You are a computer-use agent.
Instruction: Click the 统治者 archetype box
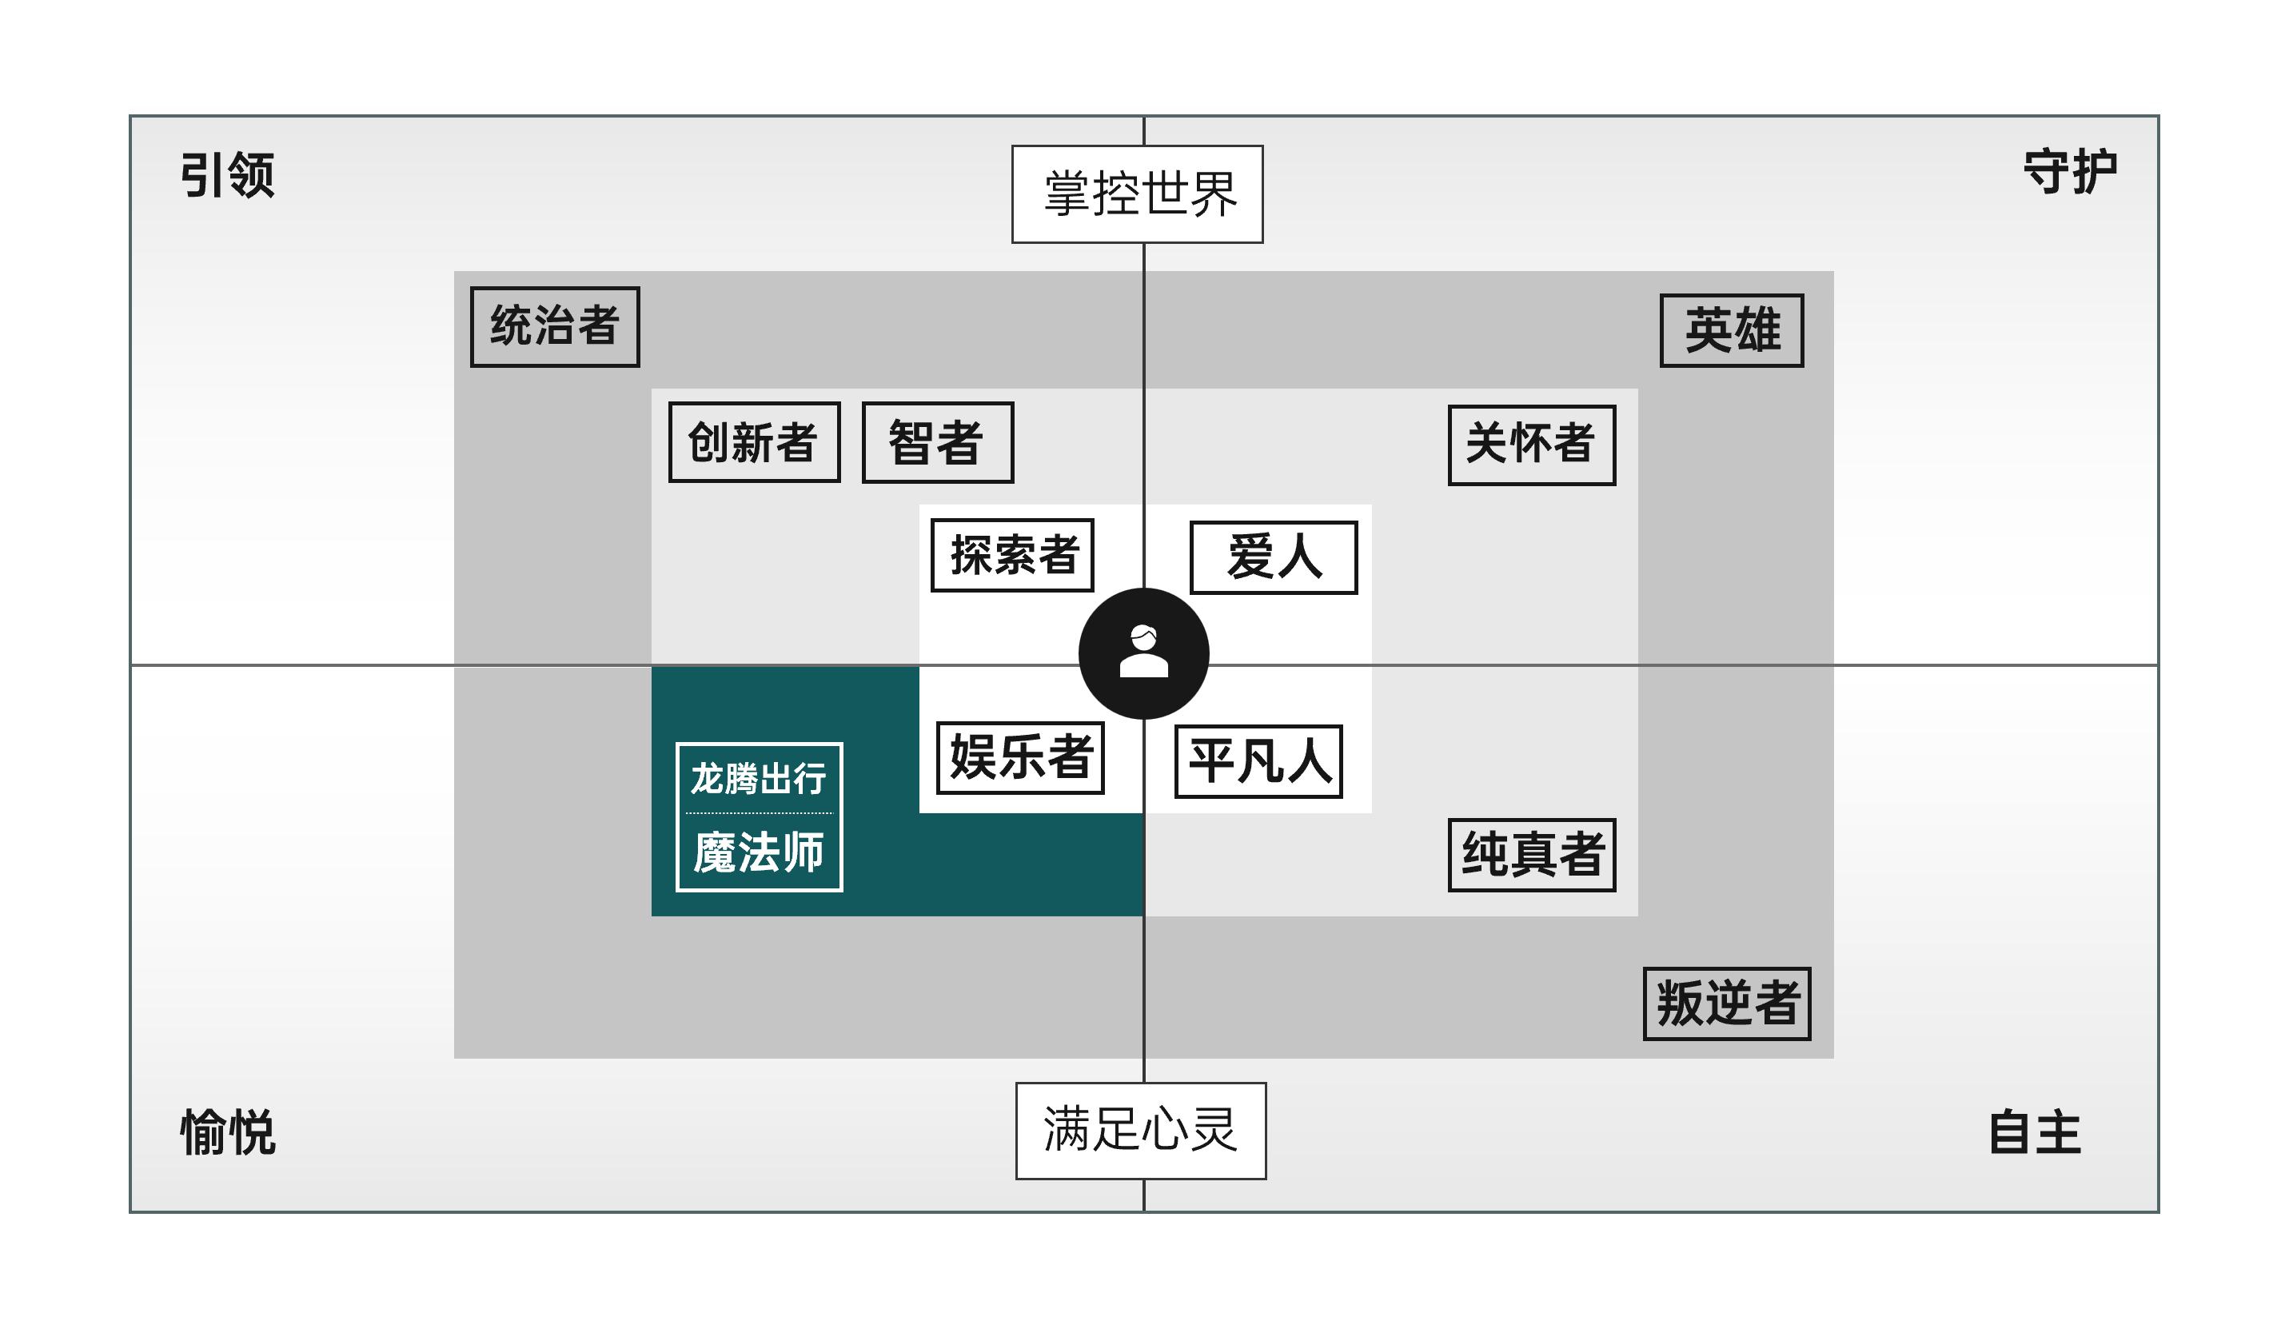point(554,326)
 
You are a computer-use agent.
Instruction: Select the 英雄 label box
point(1732,330)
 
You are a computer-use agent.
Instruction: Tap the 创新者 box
point(754,442)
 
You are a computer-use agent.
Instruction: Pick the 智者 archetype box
point(938,442)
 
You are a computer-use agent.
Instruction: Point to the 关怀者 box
point(1532,445)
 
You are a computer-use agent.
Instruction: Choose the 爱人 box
point(1273,557)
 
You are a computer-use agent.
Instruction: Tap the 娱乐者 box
point(1020,758)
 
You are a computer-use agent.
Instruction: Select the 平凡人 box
point(1258,761)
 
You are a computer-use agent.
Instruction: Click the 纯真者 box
point(1532,856)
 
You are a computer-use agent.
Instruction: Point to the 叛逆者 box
point(1727,1004)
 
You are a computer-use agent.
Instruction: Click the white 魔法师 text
point(759,853)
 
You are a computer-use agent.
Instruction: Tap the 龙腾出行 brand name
point(759,778)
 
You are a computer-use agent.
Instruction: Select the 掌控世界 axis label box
point(1138,194)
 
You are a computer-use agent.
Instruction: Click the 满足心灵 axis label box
point(1141,1131)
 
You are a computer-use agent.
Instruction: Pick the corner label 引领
point(227,174)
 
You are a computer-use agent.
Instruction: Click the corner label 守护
point(2070,171)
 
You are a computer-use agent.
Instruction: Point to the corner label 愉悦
point(228,1131)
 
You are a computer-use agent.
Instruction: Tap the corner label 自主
point(2035,1132)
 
